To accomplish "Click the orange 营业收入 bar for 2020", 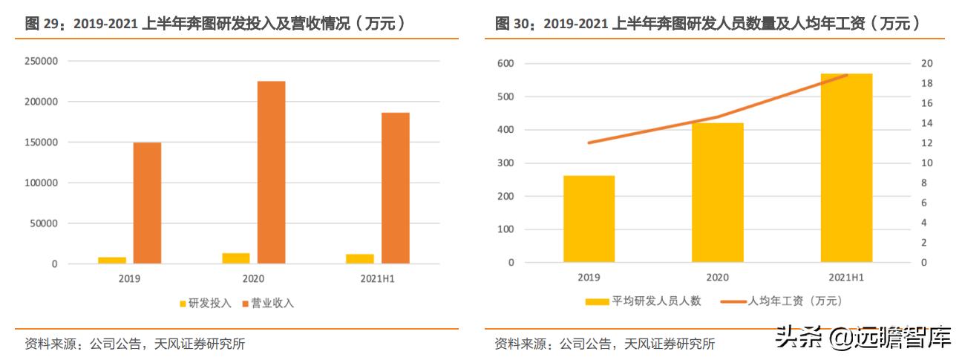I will pos(271,172).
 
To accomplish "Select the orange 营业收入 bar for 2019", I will pos(147,203).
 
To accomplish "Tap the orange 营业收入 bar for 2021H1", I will pos(395,188).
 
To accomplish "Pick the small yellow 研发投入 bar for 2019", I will pos(112,260).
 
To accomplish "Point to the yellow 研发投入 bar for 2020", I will pos(236,258).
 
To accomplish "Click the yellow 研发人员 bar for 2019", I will pos(589,219).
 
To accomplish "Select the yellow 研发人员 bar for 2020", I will pos(717,192).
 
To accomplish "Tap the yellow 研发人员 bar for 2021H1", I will pos(846,168).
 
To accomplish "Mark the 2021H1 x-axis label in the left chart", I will pos(377,279).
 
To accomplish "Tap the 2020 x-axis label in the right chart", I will pos(717,278).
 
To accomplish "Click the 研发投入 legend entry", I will pos(206,304).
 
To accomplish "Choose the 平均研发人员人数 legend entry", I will pos(644,301).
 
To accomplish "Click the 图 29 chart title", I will pos(215,24).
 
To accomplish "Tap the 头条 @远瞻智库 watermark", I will pos(863,338).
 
